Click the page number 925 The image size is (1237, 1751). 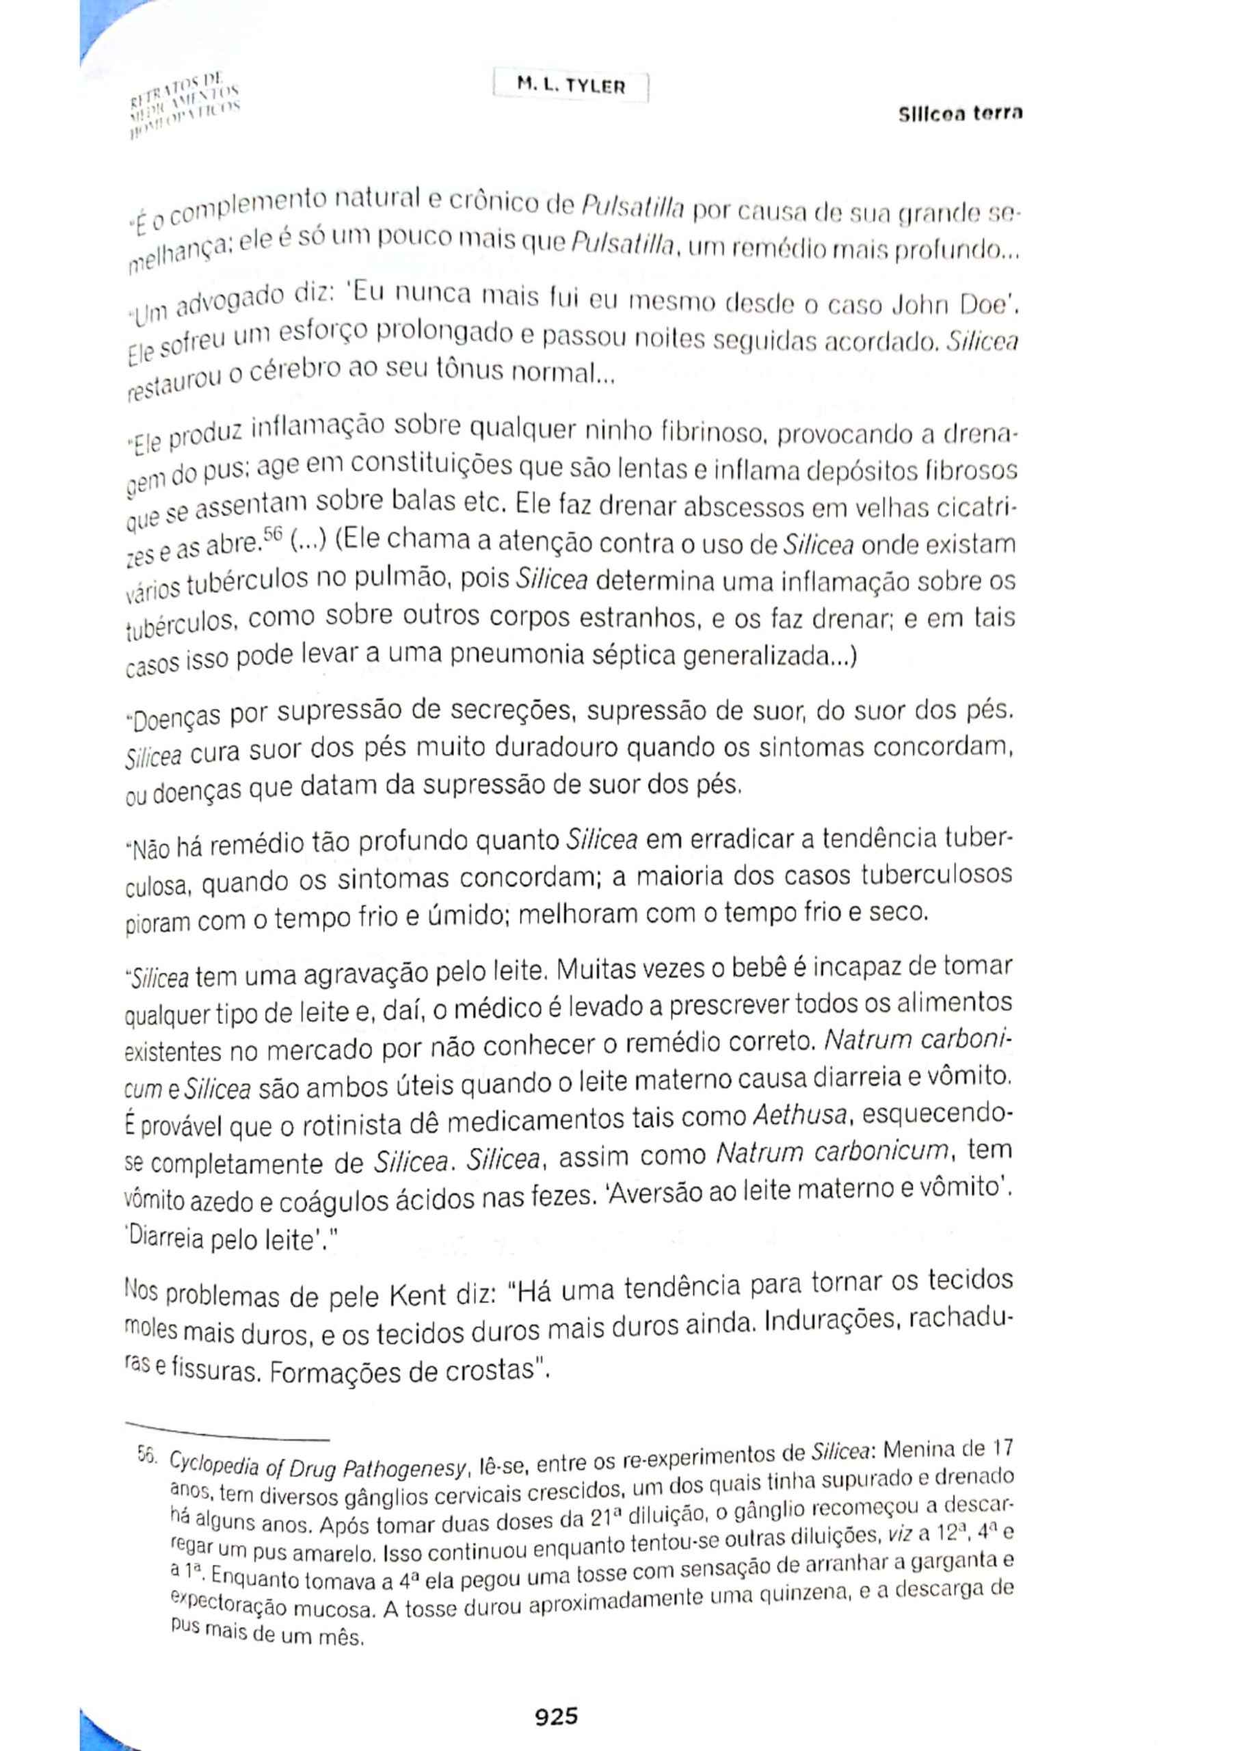556,1694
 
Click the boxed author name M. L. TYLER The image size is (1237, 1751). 570,86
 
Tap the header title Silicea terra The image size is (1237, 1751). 959,114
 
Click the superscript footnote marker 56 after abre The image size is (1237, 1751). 272,534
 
